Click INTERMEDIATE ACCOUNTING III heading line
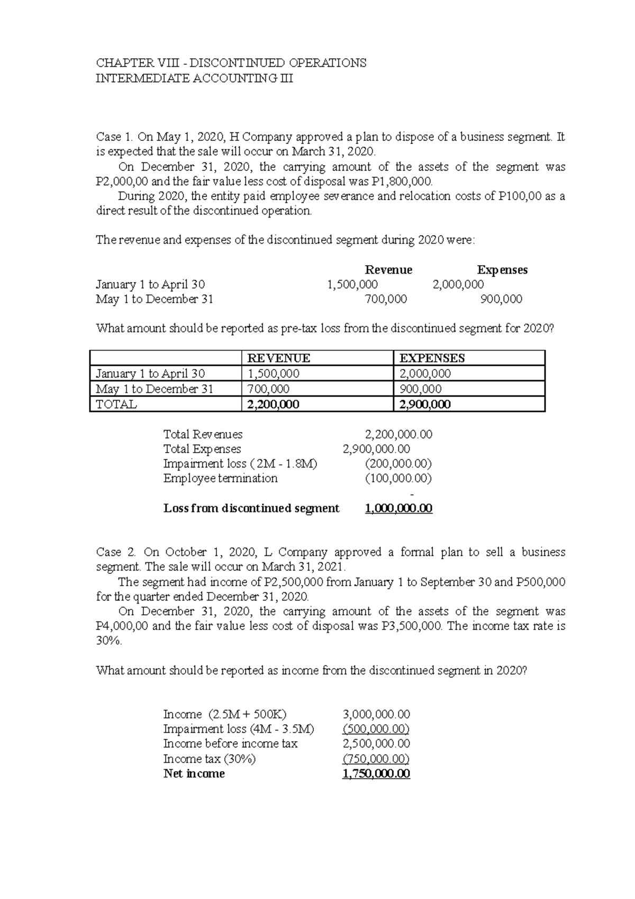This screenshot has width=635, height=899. [194, 79]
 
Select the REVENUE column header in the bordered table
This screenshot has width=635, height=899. [279, 358]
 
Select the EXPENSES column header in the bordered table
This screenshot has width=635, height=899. [432, 358]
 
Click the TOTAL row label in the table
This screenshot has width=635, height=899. [116, 405]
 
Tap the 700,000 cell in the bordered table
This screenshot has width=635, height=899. [268, 389]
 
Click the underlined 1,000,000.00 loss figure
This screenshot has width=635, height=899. [398, 509]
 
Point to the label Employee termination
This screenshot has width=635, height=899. [220, 479]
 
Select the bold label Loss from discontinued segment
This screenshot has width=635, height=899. [251, 509]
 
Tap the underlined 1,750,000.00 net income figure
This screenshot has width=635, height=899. [376, 774]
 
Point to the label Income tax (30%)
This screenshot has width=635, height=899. [209, 759]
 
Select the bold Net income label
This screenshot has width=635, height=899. [194, 774]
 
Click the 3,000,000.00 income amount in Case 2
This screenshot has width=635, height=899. [376, 715]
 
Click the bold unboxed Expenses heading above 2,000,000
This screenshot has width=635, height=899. [502, 270]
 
